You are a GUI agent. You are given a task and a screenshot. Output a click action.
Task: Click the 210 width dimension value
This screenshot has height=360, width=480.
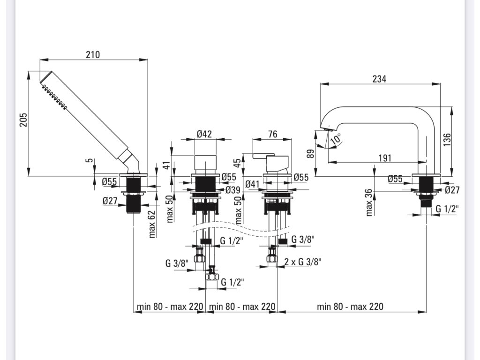(x=93, y=54)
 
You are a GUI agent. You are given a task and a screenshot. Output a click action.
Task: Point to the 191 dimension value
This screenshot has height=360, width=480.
(x=385, y=158)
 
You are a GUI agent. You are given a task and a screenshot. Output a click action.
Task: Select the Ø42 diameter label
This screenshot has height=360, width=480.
(x=204, y=134)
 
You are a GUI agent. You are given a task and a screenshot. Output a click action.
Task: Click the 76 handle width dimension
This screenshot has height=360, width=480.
(x=272, y=135)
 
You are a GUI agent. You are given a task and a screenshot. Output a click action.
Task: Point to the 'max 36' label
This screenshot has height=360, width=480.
(x=368, y=202)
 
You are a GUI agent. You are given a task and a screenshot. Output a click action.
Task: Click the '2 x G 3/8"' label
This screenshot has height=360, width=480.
(x=303, y=262)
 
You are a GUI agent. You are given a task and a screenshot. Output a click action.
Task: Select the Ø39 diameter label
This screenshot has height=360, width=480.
(x=233, y=190)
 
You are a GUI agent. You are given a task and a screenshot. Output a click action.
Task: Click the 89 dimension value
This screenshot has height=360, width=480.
(x=310, y=154)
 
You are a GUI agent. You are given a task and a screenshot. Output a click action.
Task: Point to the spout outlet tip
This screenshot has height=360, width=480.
(x=326, y=128)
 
